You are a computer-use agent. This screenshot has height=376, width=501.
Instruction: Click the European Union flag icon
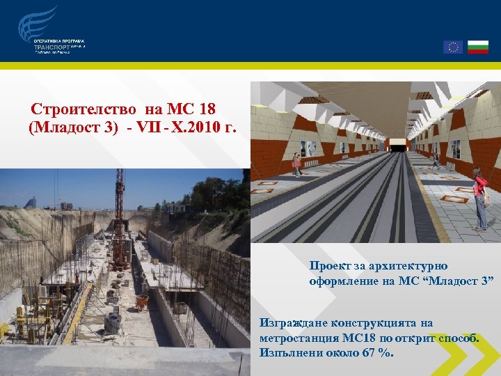[x=453, y=47]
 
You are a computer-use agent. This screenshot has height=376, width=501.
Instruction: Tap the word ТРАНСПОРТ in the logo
[x=51, y=47]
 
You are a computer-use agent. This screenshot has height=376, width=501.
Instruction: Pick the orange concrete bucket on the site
[x=142, y=301]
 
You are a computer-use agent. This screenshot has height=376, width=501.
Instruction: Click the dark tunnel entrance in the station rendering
[x=399, y=146]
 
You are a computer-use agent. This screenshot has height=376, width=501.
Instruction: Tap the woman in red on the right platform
[x=479, y=198]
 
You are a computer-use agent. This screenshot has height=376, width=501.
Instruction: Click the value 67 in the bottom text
[x=372, y=352]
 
